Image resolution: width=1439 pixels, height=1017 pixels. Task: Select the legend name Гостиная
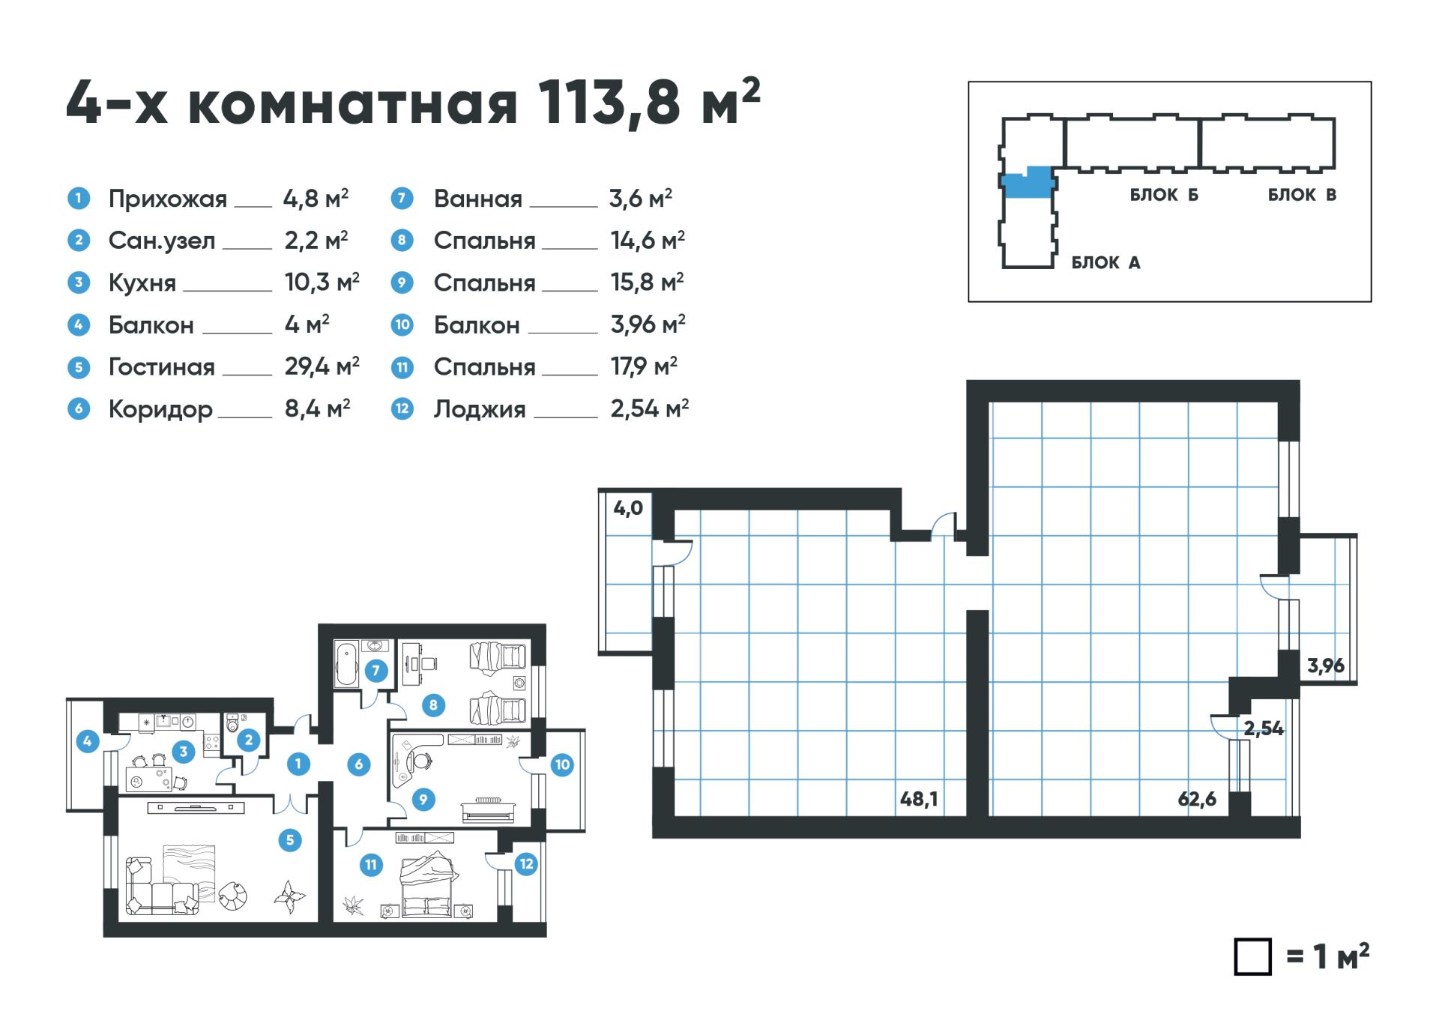point(161,366)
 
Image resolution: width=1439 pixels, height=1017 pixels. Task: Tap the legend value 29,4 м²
point(322,366)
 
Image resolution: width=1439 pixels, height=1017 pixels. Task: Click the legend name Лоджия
point(480,409)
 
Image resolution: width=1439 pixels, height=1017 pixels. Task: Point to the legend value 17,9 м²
point(644,366)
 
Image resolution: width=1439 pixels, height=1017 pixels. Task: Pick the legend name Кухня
point(142,283)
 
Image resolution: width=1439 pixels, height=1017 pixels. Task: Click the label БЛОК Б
point(1164,195)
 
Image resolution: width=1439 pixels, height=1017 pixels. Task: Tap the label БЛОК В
point(1302,195)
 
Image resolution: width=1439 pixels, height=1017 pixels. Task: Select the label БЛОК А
point(1105,262)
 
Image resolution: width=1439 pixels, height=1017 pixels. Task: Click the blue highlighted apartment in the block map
point(1026,182)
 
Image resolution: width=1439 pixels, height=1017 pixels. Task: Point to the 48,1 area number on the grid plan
point(919,799)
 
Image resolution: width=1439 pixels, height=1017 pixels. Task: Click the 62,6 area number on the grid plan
point(1197,799)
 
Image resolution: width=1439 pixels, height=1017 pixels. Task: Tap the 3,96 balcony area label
point(1325,666)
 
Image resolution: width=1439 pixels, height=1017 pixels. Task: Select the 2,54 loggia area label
point(1264,728)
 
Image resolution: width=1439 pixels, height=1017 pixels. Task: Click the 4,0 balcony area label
point(628,508)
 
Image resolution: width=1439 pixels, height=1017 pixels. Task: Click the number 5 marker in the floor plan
point(290,840)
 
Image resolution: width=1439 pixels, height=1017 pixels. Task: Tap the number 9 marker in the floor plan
point(423,800)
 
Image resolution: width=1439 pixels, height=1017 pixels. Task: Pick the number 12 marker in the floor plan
point(526,864)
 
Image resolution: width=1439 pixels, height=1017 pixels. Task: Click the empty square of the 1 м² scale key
point(1252,956)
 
